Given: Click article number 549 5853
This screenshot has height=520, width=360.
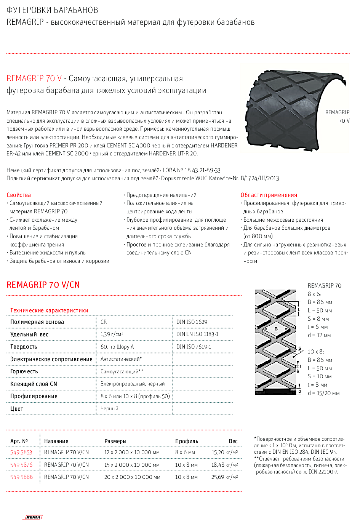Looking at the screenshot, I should pos(21,452).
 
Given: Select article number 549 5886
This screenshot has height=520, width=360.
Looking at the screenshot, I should pos(21,477).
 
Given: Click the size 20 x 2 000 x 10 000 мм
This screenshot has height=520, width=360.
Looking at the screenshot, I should pos(132,477).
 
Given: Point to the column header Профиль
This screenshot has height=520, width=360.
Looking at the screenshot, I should pos(187,441).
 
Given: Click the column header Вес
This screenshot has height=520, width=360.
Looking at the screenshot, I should pos(233,441).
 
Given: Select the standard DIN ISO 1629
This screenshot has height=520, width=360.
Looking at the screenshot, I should pos(192,322).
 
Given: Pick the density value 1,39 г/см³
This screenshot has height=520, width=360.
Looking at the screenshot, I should pos(112,334).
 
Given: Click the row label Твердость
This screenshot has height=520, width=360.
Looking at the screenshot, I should pos(24,347).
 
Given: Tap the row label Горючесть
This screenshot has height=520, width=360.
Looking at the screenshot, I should pos(24,371).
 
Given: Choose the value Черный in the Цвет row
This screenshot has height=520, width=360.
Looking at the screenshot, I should pos(109,408).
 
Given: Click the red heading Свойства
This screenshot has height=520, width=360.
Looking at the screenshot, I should pos(19,195).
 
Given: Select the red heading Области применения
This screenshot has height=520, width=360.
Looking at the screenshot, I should pos(269,195).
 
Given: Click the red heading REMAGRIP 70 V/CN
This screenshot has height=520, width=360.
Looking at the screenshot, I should pos(43,285).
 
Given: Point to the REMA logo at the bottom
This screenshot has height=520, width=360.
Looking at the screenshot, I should pos(34,517).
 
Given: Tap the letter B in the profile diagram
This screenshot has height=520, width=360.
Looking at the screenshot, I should pos(276,329).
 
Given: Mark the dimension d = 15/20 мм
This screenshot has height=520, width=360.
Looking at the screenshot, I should pos(323,393).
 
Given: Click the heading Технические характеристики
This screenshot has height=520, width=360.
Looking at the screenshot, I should pos(49,310).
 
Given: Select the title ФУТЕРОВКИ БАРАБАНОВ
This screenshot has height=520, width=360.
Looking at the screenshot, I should pos(52,10).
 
